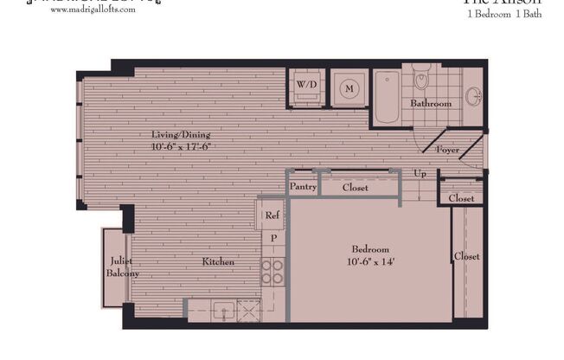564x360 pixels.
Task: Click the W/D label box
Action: coord(306,86)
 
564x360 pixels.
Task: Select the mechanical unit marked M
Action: coord(349,88)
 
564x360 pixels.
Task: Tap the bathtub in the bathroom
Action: coord(387,97)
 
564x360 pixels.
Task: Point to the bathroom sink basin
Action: coord(472,96)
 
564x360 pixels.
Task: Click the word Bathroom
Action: coord(431,104)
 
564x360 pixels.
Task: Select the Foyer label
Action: coord(447,150)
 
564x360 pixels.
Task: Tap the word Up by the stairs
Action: coord(420,174)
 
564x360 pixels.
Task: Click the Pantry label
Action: coord(302,187)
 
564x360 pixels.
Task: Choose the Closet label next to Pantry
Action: coord(355,187)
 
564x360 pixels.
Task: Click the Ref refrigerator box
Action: coord(272,215)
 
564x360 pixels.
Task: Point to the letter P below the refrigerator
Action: coord(273,238)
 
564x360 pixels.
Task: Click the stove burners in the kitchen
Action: coord(272,271)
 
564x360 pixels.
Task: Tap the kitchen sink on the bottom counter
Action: coord(221,309)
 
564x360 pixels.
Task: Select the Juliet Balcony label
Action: coord(119,267)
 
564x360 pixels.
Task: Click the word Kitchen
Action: coord(218,261)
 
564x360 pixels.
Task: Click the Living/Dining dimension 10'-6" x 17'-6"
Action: coord(181,146)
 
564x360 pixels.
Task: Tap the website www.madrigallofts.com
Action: coord(99,20)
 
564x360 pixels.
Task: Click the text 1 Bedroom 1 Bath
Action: coord(503,15)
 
